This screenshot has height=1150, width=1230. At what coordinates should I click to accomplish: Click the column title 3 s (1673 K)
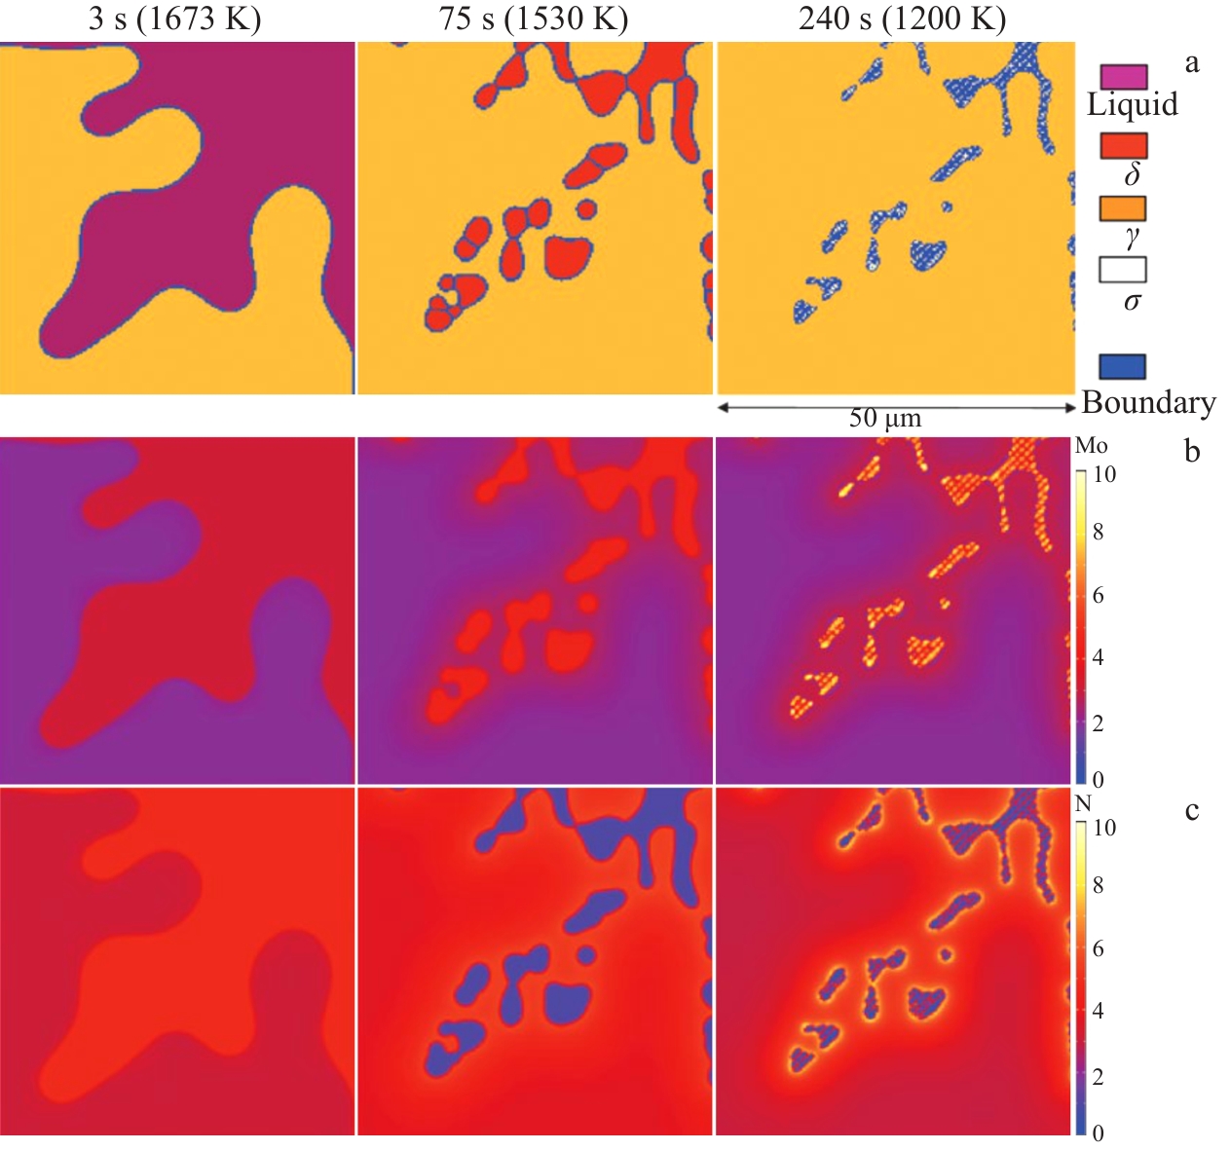click(x=174, y=19)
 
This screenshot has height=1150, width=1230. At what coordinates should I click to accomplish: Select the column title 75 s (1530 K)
click(x=534, y=19)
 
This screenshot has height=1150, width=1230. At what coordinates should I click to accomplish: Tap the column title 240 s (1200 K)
click(x=902, y=19)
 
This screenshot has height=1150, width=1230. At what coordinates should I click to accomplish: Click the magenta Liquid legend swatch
click(x=1123, y=76)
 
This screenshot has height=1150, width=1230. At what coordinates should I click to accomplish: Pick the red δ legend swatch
click(x=1123, y=145)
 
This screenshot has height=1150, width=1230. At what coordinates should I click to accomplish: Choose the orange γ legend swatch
click(x=1123, y=207)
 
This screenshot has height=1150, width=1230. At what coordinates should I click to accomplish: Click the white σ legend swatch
click(x=1123, y=269)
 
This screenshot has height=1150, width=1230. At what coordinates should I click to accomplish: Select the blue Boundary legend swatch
click(x=1123, y=366)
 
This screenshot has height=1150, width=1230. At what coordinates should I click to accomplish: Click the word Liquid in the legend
click(x=1132, y=104)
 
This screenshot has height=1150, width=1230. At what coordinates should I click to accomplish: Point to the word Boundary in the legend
click(x=1148, y=402)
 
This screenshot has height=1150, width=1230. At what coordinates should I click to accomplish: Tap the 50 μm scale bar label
click(x=884, y=419)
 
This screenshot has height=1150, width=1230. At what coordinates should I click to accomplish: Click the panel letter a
click(x=1192, y=64)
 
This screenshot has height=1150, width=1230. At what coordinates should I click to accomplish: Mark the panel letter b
click(x=1192, y=451)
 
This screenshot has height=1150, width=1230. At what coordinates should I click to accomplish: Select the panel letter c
click(x=1192, y=810)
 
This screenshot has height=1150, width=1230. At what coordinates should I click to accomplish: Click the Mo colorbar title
click(x=1091, y=446)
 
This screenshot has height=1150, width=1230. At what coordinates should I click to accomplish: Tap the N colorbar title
click(x=1083, y=804)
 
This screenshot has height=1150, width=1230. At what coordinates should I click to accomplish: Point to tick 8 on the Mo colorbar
click(x=1098, y=532)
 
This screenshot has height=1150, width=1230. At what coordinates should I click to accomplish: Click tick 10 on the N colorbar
click(x=1103, y=828)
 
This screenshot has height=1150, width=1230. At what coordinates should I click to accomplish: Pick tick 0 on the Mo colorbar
click(x=1098, y=779)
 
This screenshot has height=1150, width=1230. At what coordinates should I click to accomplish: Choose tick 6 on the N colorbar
click(x=1098, y=948)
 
